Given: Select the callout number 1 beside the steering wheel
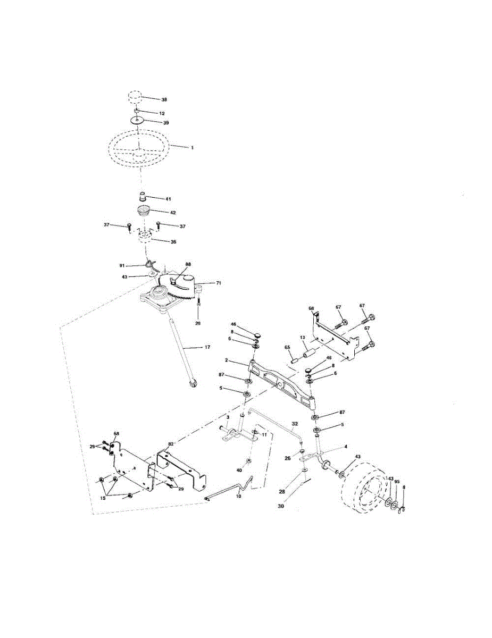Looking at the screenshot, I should click(x=192, y=147).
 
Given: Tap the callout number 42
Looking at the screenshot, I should click(x=172, y=213).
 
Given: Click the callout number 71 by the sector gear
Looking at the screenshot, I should click(x=218, y=283).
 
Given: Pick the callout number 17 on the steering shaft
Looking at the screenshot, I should click(x=207, y=347).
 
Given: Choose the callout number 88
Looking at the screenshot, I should click(x=188, y=264).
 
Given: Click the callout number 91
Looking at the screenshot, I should click(x=121, y=264).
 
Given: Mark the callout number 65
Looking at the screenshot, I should click(x=287, y=347).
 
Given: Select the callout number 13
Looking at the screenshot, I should click(x=302, y=337).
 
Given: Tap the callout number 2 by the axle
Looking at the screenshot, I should click(x=226, y=360).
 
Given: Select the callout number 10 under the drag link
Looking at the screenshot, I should click(x=238, y=496).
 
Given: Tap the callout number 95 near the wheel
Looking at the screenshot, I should click(x=397, y=482).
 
